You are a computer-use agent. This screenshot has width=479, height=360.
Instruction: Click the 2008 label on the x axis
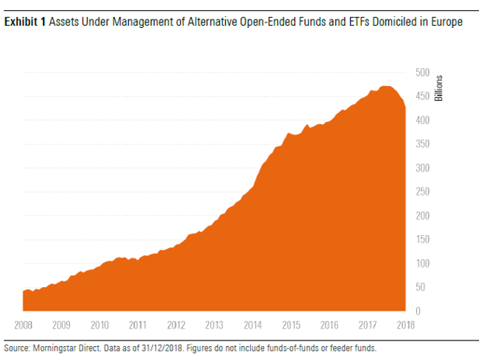24,325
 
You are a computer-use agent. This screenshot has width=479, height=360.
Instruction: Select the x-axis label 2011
138,325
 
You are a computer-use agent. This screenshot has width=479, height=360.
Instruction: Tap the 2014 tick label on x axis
252,325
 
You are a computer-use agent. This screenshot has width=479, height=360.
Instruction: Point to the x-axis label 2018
404,325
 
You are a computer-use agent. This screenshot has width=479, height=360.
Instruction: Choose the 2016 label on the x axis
328,325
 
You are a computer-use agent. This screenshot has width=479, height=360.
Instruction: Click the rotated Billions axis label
439,88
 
